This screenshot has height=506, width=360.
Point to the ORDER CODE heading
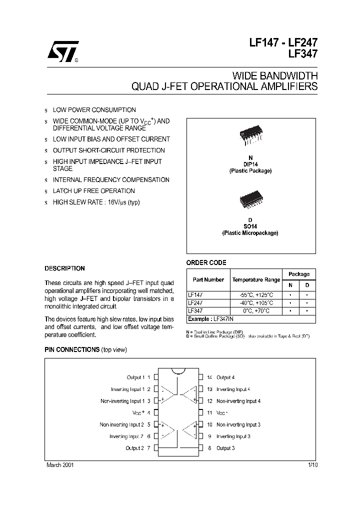pyautogui.click(x=206, y=262)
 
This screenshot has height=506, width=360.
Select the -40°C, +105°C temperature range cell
pyautogui.click(x=256, y=303)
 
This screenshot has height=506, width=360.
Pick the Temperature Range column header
pyautogui.click(x=256, y=280)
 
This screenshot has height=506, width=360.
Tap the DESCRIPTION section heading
pyautogui.click(x=64, y=268)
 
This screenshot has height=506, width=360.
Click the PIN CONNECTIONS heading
pyautogui.click(x=72, y=349)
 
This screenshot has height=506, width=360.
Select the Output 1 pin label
pyautogui.click(x=135, y=377)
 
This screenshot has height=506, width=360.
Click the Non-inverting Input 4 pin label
pyautogui.click(x=238, y=401)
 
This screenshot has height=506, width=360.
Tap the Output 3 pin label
pyautogui.click(x=225, y=448)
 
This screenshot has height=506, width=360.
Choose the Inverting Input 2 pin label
pyautogui.click(x=127, y=436)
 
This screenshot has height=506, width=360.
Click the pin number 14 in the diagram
pyautogui.click(x=209, y=377)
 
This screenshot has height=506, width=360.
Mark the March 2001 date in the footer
pyautogui.click(x=60, y=465)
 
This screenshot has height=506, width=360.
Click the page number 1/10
pyautogui.click(x=312, y=465)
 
